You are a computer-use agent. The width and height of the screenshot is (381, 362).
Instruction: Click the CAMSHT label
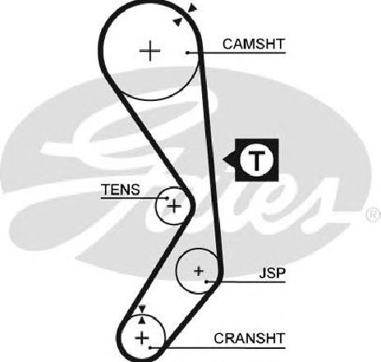pyautogui.click(x=254, y=44)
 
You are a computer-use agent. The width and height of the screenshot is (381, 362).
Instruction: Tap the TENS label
pyautogui.click(x=121, y=190)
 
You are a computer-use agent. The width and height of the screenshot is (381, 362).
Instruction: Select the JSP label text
pyautogui.click(x=273, y=273)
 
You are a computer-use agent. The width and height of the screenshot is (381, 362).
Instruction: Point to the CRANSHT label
pyautogui.click(x=250, y=338)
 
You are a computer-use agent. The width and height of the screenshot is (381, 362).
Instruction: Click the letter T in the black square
pyautogui.click(x=256, y=160)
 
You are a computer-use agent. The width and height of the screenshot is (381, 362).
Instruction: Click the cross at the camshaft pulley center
pyautogui.click(x=149, y=51)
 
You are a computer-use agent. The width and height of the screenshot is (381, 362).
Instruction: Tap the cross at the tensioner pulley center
pyautogui.click(x=174, y=206)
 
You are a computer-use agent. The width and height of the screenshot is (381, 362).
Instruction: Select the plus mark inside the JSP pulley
pyautogui.click(x=199, y=271)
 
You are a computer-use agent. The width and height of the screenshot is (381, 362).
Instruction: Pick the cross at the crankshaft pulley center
pyautogui.click(x=142, y=337)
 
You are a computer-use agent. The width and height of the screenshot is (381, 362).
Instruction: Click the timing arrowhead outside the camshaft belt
pyautogui.click(x=193, y=7)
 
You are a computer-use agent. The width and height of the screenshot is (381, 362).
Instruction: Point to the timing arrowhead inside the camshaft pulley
pyautogui.click(x=178, y=22)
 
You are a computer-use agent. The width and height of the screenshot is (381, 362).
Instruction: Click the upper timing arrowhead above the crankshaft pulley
pyautogui.click(x=142, y=309)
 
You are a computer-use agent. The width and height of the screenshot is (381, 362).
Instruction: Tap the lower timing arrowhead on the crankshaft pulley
pyautogui.click(x=141, y=320)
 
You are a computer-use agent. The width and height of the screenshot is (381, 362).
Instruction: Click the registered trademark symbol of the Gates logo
pyautogui.click(x=374, y=214)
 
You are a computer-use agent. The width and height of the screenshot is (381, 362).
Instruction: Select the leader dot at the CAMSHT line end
pyautogui.click(x=187, y=53)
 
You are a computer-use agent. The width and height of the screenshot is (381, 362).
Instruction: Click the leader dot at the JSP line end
pyautogui.click(x=207, y=282)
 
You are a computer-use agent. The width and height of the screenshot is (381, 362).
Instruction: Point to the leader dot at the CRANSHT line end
pyautogui.click(x=150, y=348)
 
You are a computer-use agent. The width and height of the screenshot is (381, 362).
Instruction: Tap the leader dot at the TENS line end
pyautogui.click(x=168, y=198)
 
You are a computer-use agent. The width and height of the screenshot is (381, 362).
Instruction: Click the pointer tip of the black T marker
pyautogui.click(x=223, y=159)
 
